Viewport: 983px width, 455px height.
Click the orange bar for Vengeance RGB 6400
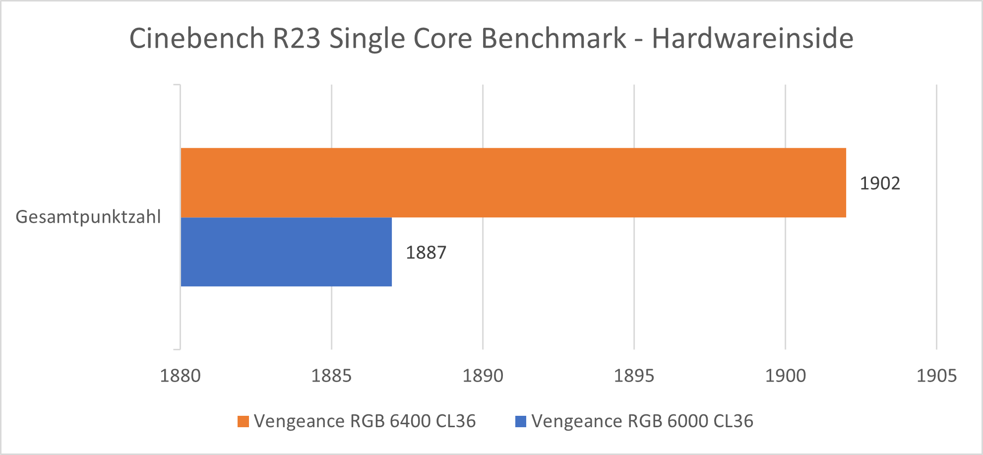(513, 183)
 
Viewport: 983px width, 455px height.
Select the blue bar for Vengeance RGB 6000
(286, 252)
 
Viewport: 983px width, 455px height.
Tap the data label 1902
(879, 184)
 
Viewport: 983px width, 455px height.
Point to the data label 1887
(426, 253)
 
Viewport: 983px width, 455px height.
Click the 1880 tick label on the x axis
(180, 376)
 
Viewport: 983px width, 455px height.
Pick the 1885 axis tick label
(331, 376)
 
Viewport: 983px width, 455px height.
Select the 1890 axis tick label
(483, 376)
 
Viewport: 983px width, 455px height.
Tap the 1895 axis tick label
(634, 376)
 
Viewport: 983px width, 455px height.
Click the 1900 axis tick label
(785, 376)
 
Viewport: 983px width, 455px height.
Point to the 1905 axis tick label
(936, 376)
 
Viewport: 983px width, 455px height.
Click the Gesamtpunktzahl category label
(88, 217)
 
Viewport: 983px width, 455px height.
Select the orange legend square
(243, 421)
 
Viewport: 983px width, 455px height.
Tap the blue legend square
(521, 421)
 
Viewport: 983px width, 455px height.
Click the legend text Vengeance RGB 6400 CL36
(365, 421)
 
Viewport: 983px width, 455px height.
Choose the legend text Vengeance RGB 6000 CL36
(642, 421)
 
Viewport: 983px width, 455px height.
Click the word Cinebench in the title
(197, 38)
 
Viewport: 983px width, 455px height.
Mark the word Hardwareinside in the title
(752, 38)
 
